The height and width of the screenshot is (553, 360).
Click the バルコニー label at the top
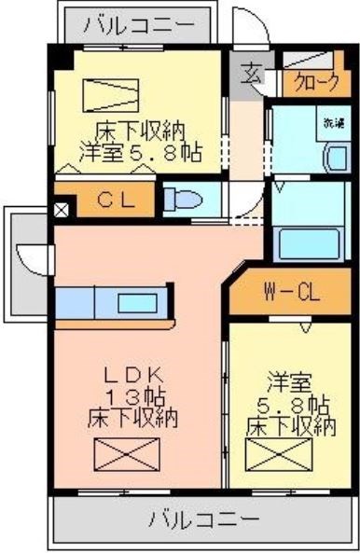coord(140,25)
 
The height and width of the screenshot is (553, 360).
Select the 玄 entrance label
coord(252,73)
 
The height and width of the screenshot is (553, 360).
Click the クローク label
coord(316,80)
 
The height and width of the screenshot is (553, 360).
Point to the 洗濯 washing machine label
coord(333,122)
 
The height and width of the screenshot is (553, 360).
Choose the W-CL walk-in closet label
coord(290,294)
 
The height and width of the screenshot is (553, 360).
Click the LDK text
coord(132,377)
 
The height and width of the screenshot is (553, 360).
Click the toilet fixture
coord(183,200)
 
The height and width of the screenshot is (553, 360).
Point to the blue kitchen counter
coord(113,304)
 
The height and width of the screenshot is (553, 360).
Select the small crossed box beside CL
coord(62,208)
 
